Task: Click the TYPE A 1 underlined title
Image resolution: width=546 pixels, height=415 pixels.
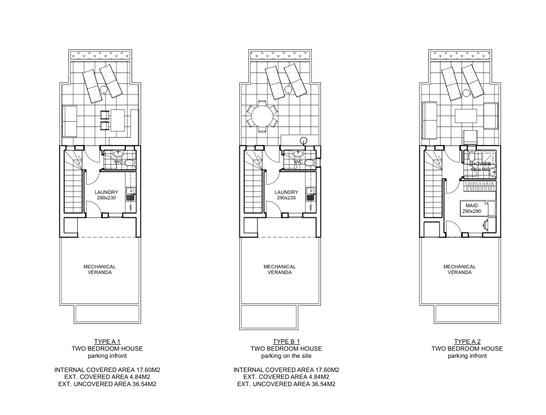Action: pyautogui.click(x=107, y=341)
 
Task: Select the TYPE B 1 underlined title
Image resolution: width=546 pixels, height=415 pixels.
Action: pyautogui.click(x=286, y=341)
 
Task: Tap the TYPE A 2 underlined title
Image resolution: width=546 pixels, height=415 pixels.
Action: pyautogui.click(x=467, y=341)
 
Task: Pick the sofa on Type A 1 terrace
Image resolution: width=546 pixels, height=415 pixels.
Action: pyautogui.click(x=70, y=121)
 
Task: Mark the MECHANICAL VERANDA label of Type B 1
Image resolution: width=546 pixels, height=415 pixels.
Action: pyautogui.click(x=280, y=269)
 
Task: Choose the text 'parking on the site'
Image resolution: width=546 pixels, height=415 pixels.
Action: pyautogui.click(x=286, y=357)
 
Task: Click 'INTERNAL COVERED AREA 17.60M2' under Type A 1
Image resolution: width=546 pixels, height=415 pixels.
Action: pyautogui.click(x=107, y=370)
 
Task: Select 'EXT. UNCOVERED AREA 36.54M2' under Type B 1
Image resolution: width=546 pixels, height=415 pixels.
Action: pyautogui.click(x=286, y=384)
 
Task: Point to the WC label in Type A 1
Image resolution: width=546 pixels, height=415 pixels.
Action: pyautogui.click(x=118, y=162)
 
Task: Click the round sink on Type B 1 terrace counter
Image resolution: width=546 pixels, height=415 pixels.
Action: pyautogui.click(x=304, y=140)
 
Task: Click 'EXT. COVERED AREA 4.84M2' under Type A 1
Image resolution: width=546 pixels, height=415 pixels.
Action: pyautogui.click(x=107, y=377)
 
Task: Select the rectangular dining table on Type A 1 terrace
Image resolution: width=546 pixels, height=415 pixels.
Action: pyautogui.click(x=118, y=120)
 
